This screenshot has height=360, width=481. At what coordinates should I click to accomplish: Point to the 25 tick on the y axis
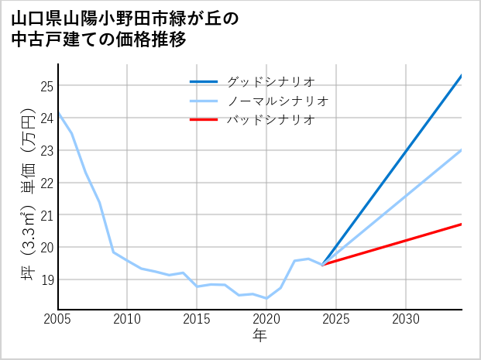46,85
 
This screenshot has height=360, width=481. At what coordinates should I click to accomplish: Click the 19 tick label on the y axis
46,279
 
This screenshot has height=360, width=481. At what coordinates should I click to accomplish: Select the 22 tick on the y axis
46,183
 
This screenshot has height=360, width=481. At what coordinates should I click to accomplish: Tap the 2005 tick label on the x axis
58,319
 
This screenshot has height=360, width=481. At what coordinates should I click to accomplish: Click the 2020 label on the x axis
266,319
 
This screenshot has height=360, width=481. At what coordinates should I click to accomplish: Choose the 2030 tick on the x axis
406,319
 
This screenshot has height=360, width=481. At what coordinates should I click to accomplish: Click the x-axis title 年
259,336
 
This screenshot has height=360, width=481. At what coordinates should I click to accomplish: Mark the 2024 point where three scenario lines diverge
323,265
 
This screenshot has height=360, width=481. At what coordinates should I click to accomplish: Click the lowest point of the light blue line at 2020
266,298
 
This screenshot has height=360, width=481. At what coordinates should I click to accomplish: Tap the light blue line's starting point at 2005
59,114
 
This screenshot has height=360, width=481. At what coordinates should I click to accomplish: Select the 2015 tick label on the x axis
197,319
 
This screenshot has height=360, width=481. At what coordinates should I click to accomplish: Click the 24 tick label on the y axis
46,118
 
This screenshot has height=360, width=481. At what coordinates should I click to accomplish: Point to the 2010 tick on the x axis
128,319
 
